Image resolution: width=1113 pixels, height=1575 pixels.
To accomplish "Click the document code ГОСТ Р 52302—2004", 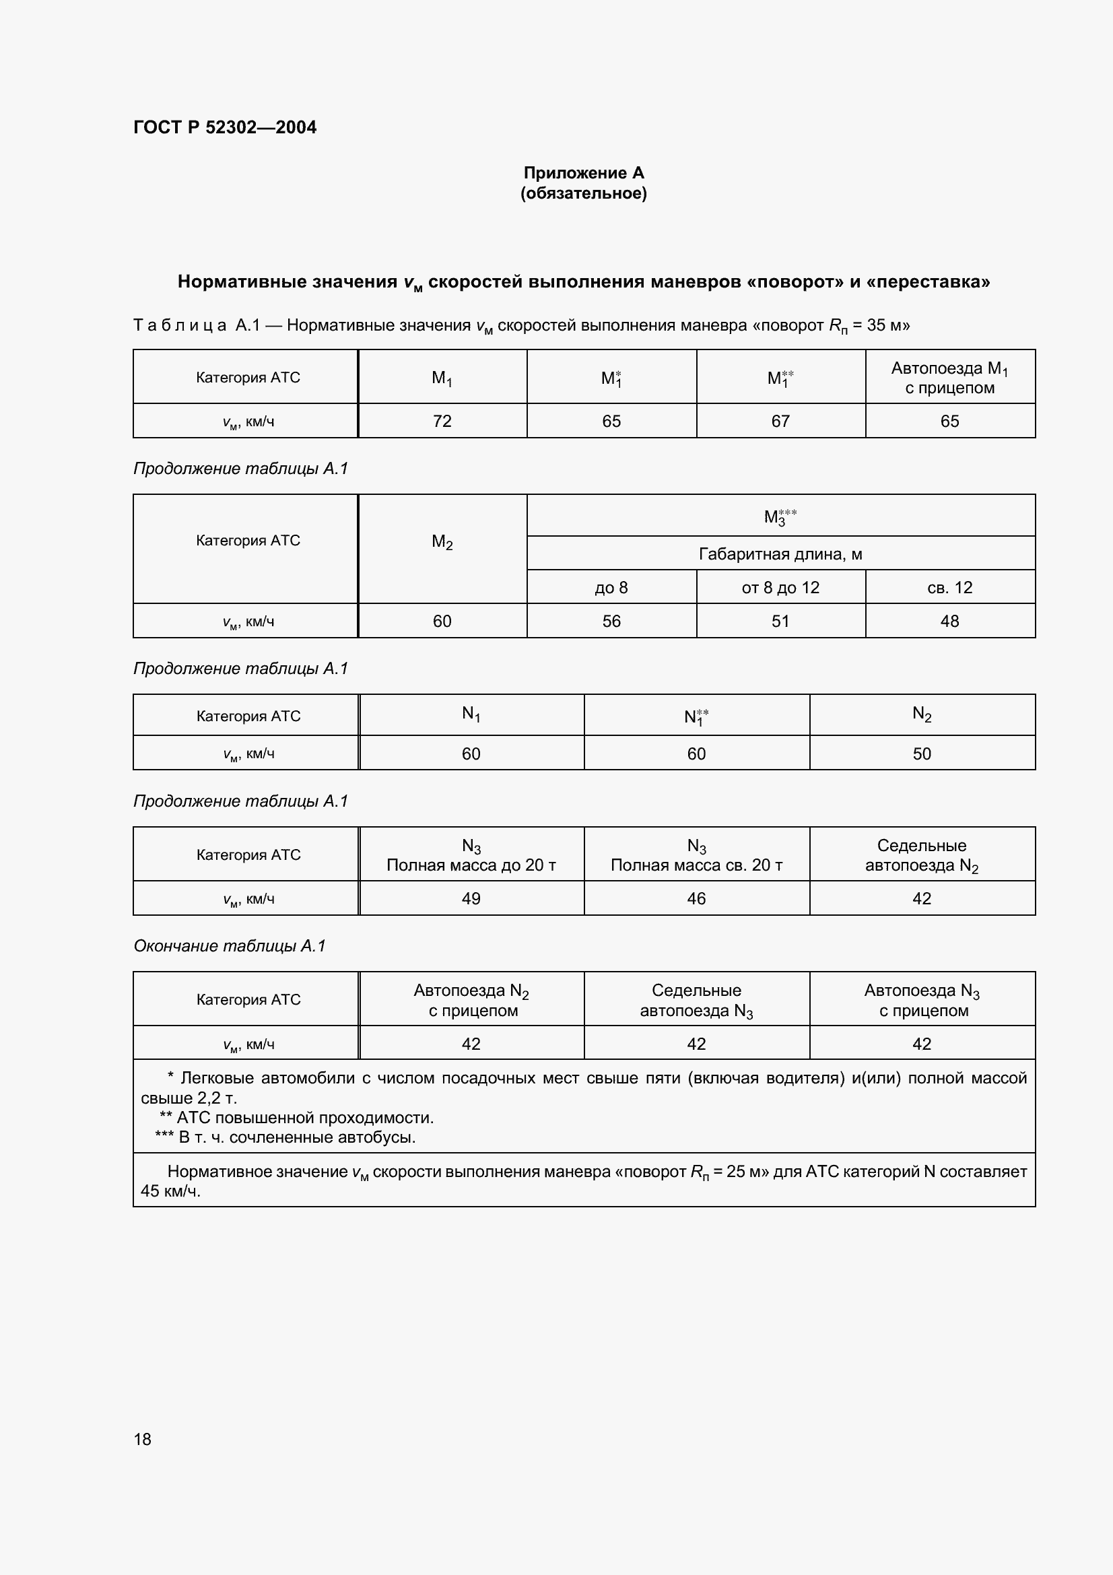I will coord(225,127).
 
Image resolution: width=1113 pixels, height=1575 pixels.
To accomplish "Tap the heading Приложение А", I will coord(584,173).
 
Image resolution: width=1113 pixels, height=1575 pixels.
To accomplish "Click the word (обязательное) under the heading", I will coord(584,193).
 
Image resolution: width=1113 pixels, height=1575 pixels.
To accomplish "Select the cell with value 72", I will coord(442,421).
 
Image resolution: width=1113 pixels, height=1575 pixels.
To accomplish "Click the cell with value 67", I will coord(780,421).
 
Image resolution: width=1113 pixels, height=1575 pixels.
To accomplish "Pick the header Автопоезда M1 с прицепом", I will coord(950,378).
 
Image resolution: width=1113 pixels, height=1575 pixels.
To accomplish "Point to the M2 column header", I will coord(442,543).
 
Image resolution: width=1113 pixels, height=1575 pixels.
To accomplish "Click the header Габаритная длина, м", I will coord(780,554).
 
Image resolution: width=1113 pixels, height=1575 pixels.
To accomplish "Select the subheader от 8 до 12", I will coord(780,587).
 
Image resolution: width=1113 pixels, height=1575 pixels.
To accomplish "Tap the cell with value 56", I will coord(611,622).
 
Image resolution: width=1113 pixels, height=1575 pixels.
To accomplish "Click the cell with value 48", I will coord(950,622).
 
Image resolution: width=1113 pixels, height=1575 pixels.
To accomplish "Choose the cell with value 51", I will coord(780,622).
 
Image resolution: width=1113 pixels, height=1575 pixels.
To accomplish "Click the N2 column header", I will coord(922,715).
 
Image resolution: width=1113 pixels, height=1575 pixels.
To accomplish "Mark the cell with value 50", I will coord(922,754).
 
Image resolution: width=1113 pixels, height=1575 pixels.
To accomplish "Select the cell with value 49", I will coord(471,899).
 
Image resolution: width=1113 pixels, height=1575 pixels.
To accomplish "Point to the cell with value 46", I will coord(696,899).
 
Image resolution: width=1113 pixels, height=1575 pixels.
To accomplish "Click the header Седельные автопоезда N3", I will coord(696,1000).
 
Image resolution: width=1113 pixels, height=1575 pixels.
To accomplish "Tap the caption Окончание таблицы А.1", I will coord(230,946).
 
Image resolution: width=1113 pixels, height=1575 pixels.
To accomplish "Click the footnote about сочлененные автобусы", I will coord(287,1137).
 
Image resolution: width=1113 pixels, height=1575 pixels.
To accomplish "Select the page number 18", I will coord(143,1439).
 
